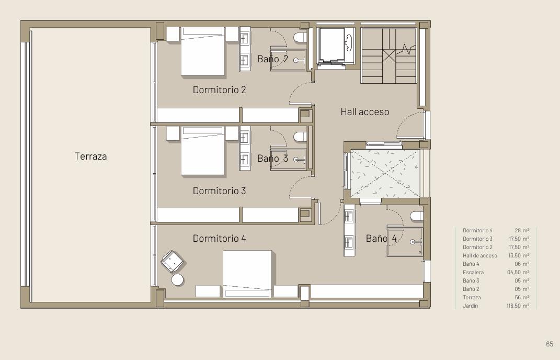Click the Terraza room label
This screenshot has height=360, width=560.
click(x=90, y=156)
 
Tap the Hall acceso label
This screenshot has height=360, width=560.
click(x=364, y=112)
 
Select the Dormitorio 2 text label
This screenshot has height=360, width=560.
click(x=219, y=89)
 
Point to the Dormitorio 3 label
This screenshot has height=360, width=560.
click(x=219, y=191)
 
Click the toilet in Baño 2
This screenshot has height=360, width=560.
click(x=300, y=37)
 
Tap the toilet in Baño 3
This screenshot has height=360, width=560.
click(x=300, y=137)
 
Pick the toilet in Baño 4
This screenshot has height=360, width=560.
click(x=417, y=216)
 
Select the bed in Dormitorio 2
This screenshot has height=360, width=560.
click(x=203, y=51)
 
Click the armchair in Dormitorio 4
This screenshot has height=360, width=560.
click(x=172, y=261)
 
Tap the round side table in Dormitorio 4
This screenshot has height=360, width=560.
click(x=177, y=279)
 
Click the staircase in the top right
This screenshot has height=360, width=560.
click(x=388, y=56)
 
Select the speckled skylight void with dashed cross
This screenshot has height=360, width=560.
click(x=385, y=173)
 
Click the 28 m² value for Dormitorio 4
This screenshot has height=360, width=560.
click(x=522, y=231)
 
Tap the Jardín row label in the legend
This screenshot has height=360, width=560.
click(x=471, y=306)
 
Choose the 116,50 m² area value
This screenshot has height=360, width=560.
click(x=518, y=306)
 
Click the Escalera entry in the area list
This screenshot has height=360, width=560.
click(x=473, y=273)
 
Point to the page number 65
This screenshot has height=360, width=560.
click(x=550, y=344)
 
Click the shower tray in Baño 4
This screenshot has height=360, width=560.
click(x=405, y=242)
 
